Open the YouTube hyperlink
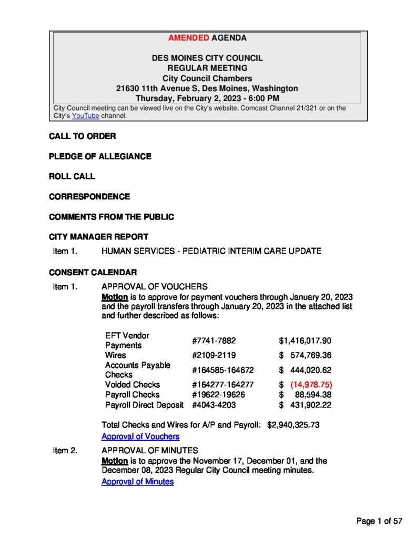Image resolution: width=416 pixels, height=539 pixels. (x=85, y=116)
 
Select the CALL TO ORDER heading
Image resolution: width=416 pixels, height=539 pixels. (x=83, y=136)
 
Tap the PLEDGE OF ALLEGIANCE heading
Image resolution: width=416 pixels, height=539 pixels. (x=100, y=156)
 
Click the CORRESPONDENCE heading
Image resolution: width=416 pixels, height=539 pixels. (x=89, y=196)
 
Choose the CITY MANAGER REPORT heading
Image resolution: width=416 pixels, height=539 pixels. (x=98, y=237)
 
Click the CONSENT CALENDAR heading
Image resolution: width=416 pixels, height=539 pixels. (x=93, y=272)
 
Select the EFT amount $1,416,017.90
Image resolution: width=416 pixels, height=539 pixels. (x=305, y=341)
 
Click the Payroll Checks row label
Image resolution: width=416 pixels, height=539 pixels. (x=132, y=394)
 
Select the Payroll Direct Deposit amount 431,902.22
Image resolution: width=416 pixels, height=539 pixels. (x=310, y=405)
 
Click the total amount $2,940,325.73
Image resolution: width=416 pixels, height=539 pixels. (x=293, y=425)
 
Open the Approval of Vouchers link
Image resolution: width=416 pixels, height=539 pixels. (x=140, y=436)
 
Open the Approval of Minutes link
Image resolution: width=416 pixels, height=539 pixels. (x=137, y=482)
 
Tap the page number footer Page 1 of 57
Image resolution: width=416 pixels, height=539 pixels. (x=379, y=521)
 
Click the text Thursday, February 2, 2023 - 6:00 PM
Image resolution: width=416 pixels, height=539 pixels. (x=208, y=98)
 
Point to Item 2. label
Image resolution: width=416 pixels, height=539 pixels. (x=65, y=451)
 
